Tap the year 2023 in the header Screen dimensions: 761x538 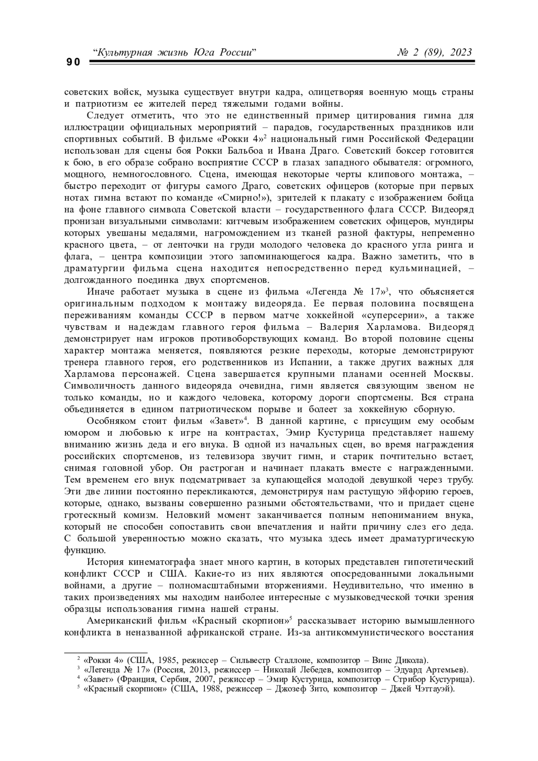(460, 52)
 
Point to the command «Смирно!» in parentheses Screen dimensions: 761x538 (245, 198)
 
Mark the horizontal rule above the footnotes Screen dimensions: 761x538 (106, 653)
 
